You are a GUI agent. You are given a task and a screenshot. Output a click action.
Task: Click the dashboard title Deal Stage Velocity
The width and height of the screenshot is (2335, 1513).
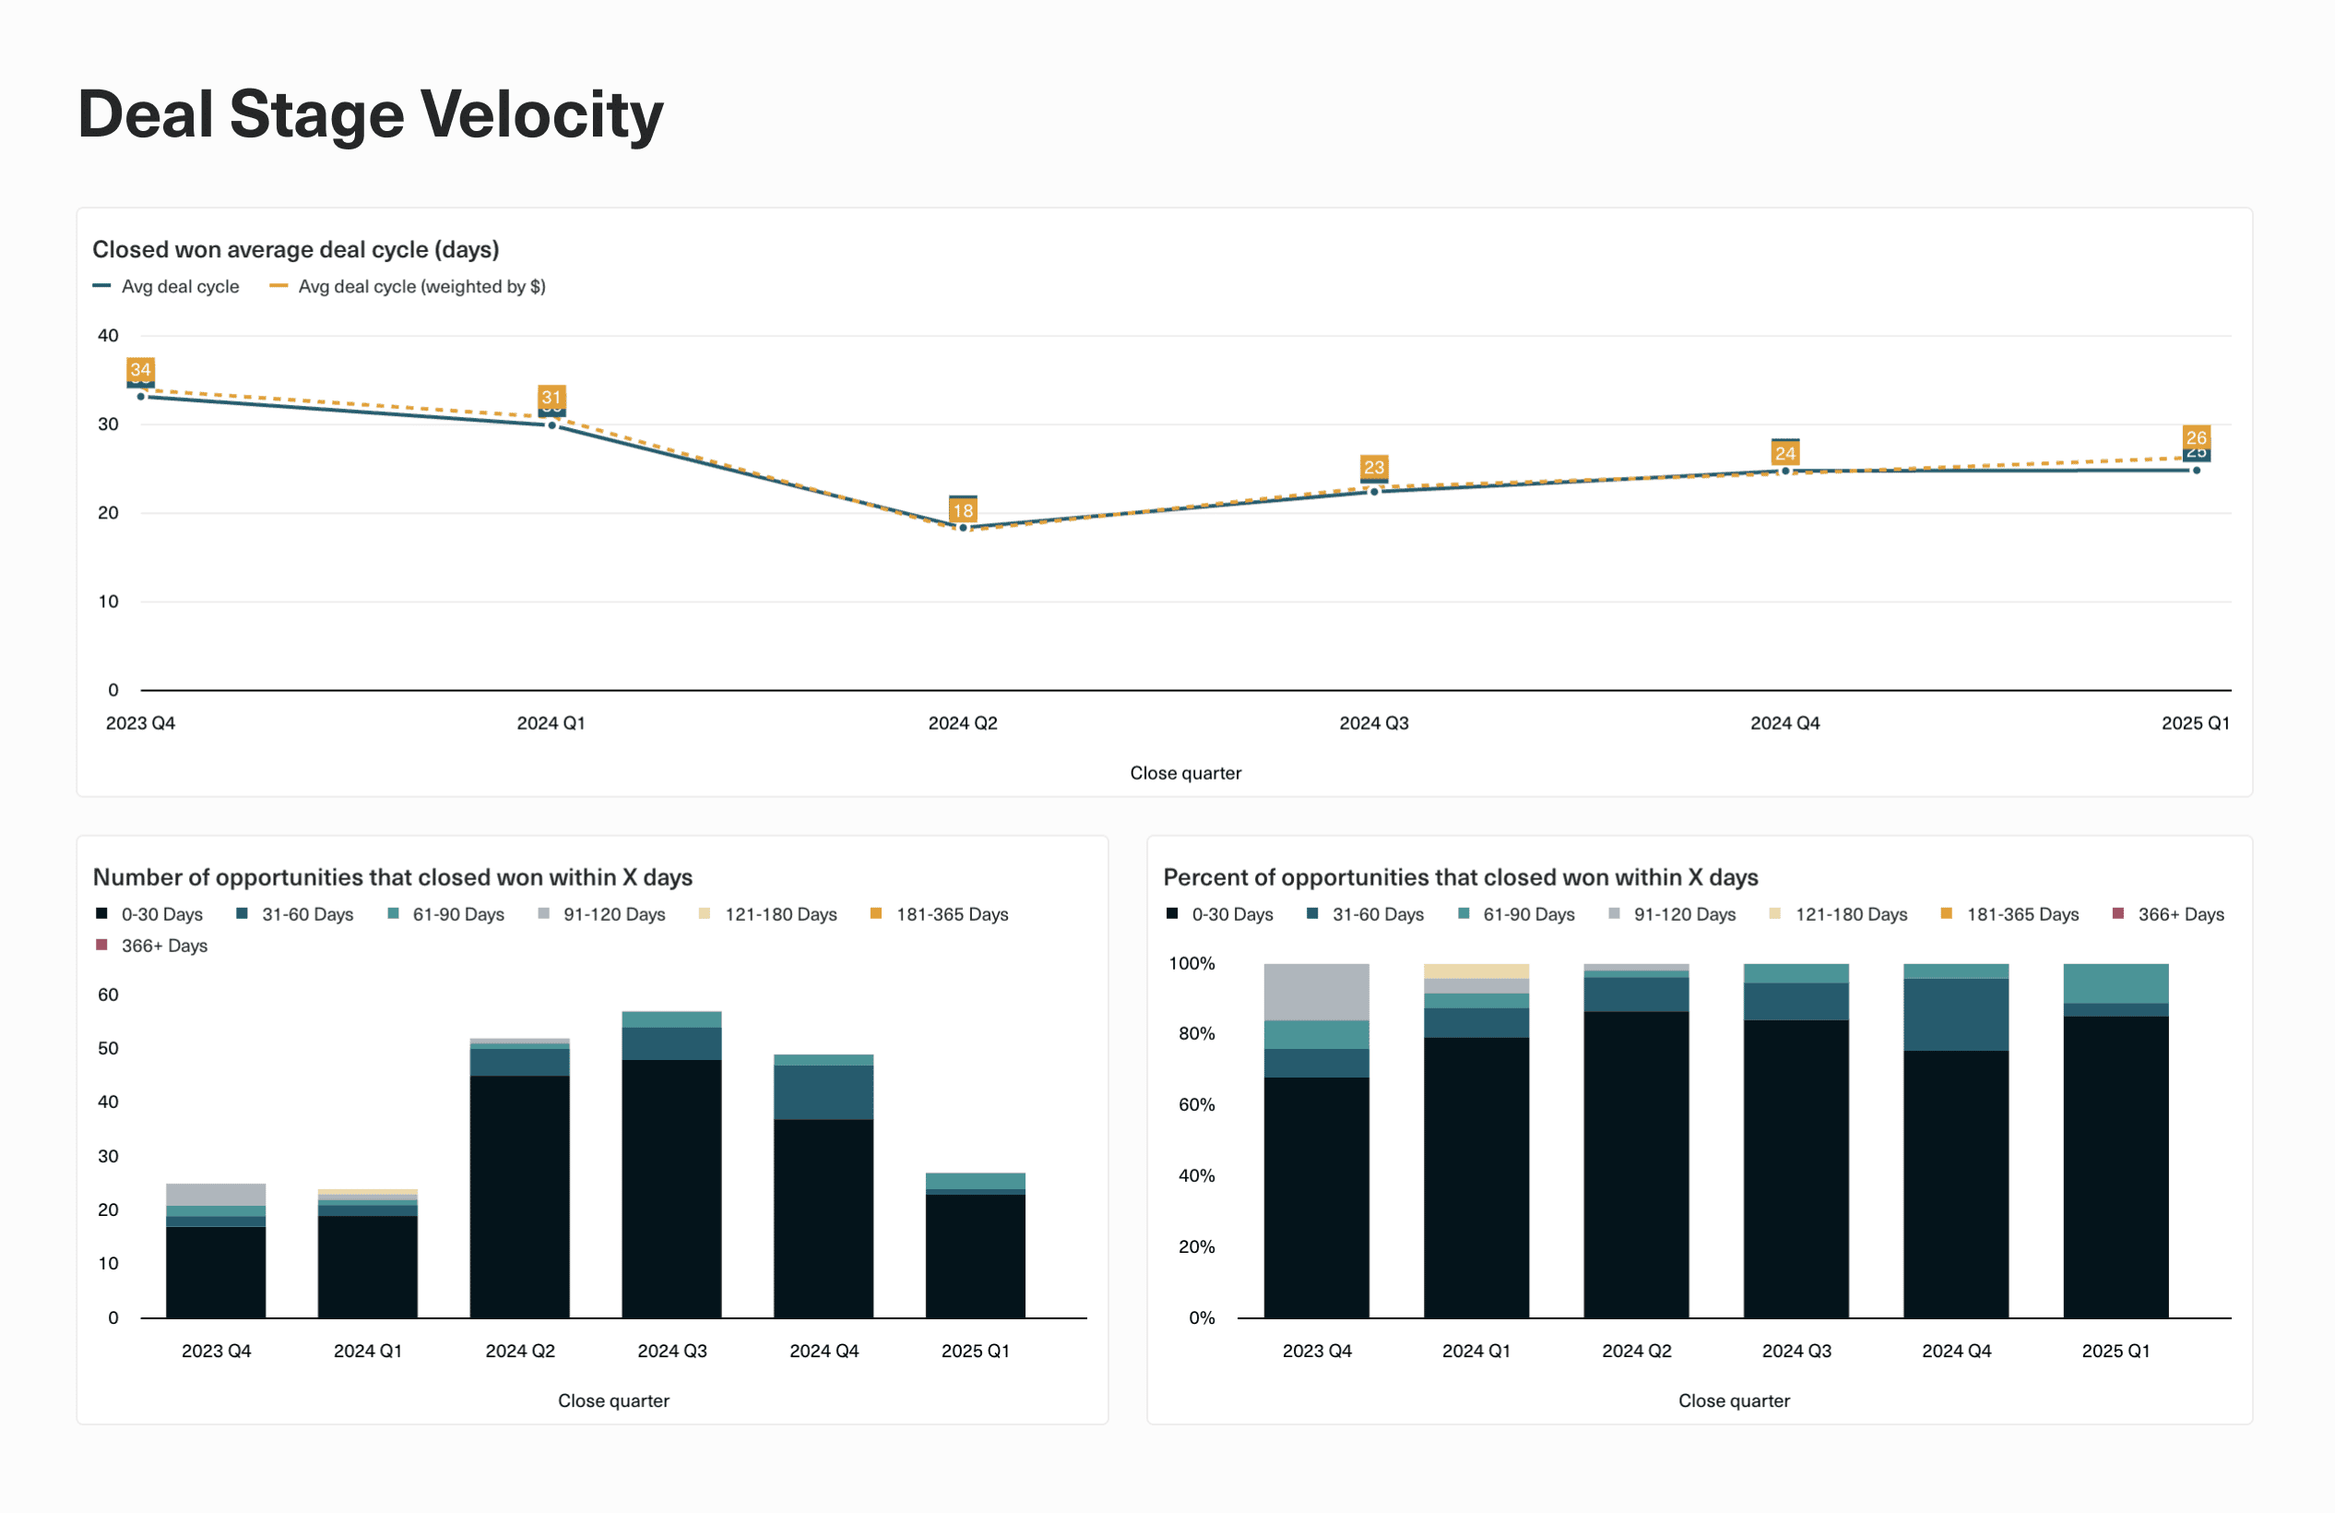pos(370,114)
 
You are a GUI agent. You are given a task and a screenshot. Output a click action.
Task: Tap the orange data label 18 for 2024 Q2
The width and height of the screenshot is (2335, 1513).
pos(963,510)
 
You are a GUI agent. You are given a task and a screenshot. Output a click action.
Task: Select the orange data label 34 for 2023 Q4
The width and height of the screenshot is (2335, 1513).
pos(140,370)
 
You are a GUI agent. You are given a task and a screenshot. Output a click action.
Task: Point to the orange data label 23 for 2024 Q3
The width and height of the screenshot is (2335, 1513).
pos(1373,467)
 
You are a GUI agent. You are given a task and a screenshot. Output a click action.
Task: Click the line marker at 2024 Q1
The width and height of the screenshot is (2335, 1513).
pos(551,425)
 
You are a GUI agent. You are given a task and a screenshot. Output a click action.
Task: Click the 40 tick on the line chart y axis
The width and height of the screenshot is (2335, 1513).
pos(108,336)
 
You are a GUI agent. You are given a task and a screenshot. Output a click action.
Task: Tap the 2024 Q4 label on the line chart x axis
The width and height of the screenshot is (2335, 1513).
pos(1784,723)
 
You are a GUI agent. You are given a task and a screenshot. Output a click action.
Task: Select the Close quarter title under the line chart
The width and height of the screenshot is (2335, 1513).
pos(1184,773)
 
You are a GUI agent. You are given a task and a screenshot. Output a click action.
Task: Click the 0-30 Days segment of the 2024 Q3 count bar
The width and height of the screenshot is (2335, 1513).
pos(671,1187)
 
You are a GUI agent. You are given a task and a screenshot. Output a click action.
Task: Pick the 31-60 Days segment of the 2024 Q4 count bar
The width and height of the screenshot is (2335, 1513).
pos(824,1092)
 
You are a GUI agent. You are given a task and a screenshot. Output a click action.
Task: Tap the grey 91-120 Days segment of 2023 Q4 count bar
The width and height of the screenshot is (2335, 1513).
pos(216,1194)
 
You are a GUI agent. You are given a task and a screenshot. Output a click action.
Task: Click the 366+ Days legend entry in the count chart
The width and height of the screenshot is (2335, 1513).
pos(163,946)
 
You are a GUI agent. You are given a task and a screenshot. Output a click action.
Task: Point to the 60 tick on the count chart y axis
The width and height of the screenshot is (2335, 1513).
pos(108,995)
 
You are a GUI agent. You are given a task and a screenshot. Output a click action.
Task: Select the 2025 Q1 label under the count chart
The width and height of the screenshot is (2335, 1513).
pos(974,1352)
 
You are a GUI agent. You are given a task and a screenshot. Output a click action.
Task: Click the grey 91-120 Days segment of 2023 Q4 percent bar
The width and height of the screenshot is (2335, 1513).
pos(1316,991)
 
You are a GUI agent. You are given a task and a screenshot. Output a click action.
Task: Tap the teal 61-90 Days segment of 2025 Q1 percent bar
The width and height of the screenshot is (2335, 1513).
pos(2116,983)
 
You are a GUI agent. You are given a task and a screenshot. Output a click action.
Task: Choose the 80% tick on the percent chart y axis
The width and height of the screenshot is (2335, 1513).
pos(1196,1033)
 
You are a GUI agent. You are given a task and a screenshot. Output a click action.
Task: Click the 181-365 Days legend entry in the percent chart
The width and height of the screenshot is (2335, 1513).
pos(2021,914)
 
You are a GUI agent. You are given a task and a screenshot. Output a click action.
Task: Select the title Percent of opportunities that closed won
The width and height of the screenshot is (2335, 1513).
pos(1460,877)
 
